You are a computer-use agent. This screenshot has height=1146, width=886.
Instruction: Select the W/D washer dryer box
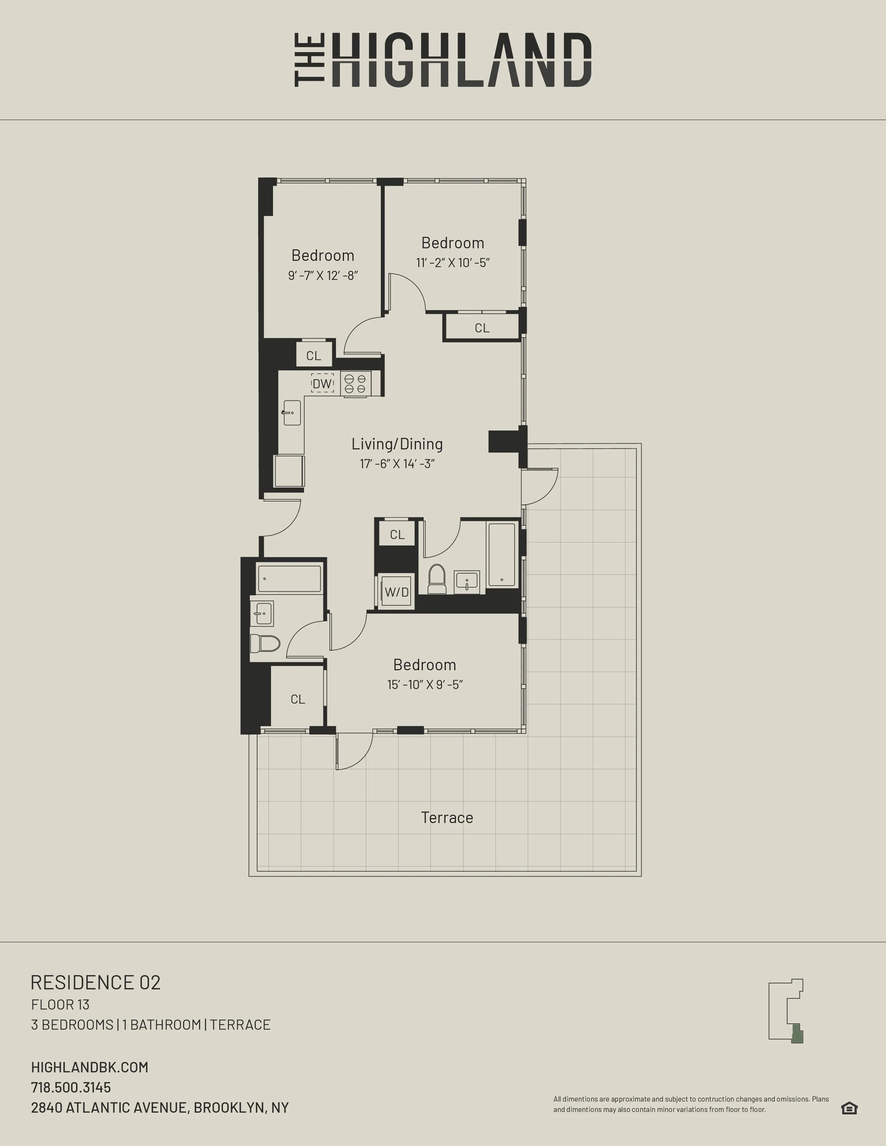coord(396,592)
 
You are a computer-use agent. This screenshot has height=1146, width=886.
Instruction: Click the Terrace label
coord(447,817)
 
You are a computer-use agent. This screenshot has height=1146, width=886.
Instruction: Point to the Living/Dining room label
coord(397,444)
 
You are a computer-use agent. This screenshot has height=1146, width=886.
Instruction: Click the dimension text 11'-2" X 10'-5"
coord(452,263)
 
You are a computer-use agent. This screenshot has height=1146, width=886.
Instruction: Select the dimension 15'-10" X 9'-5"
coord(425,685)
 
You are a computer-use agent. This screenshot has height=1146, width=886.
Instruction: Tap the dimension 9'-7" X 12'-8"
coord(323,275)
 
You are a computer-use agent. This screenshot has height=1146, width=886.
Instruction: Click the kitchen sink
coord(292,413)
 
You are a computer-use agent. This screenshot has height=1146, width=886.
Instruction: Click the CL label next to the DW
coord(313,356)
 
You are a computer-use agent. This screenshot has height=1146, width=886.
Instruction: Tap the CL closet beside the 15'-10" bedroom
coord(298,699)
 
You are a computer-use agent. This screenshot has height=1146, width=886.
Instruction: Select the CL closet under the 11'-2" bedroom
coord(482,328)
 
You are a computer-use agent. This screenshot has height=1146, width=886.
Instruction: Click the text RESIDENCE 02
coord(96,982)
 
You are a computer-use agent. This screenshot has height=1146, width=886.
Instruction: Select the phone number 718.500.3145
coord(71,1087)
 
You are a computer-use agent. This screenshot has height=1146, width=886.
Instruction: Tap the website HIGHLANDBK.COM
coord(90,1067)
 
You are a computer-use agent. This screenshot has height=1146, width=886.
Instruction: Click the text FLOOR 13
coord(60,1005)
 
